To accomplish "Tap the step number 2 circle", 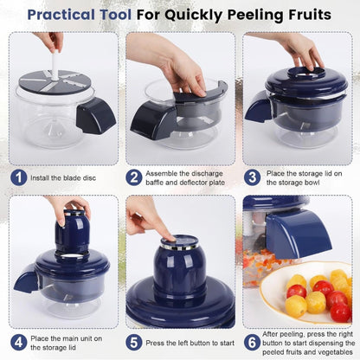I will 134,178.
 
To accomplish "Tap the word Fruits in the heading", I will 302,15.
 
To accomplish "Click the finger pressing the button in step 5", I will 164,229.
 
